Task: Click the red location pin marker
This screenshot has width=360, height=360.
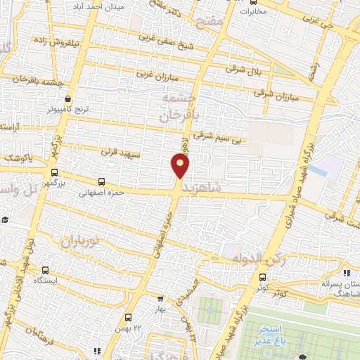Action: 181,166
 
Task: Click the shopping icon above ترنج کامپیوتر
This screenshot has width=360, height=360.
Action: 67,99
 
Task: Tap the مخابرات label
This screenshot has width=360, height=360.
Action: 253,11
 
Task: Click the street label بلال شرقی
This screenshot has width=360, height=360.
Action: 243,69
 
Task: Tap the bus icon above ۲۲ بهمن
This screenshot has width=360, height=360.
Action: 128,317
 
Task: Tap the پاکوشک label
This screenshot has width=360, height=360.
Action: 16,158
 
